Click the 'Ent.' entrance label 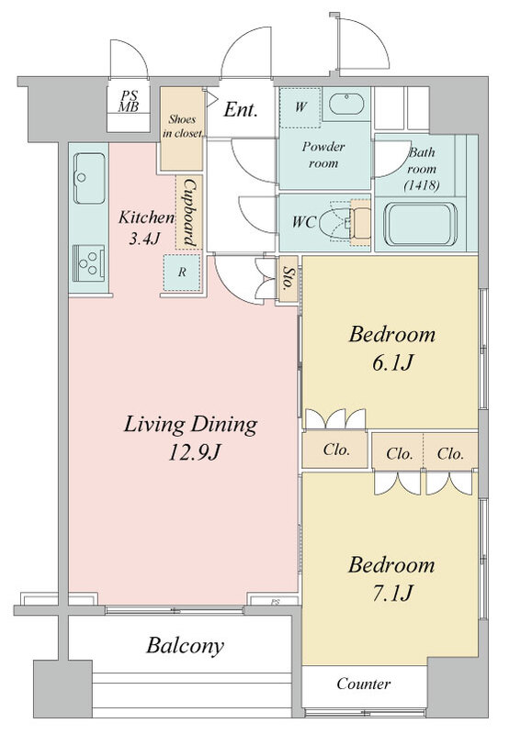[x=241, y=110]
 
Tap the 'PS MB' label [x=129, y=101]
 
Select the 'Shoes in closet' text [x=183, y=126]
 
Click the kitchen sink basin [x=89, y=178]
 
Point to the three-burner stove [x=88, y=262]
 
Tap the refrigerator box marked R [x=182, y=272]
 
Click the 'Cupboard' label [x=189, y=213]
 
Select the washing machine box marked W [x=300, y=107]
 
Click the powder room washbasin [x=346, y=104]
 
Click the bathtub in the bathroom [x=421, y=224]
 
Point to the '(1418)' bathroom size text [x=422, y=185]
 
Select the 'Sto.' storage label [x=288, y=279]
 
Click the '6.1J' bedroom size [x=392, y=363]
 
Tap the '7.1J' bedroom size [x=392, y=594]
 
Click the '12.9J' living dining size [x=194, y=453]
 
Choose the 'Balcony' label [x=185, y=647]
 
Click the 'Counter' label [x=363, y=684]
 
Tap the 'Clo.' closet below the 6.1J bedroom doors [x=336, y=450]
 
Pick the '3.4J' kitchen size [x=145, y=239]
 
